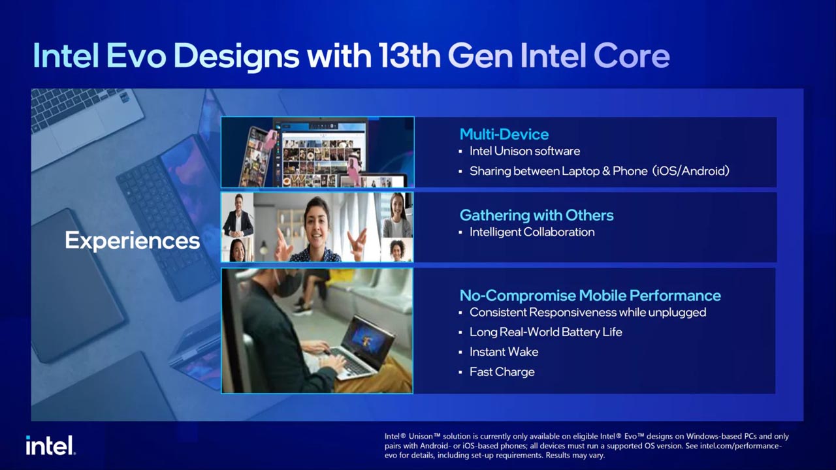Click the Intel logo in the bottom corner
(x=50, y=445)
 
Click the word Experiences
(x=132, y=241)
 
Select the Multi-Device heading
(x=504, y=134)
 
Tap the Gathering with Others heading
(x=536, y=215)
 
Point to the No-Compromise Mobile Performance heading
(x=590, y=296)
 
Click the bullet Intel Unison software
(x=524, y=151)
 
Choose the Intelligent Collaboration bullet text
(x=532, y=232)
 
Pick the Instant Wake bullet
(x=504, y=352)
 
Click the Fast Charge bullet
(x=502, y=372)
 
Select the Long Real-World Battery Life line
(x=545, y=332)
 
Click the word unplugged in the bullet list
(x=675, y=313)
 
